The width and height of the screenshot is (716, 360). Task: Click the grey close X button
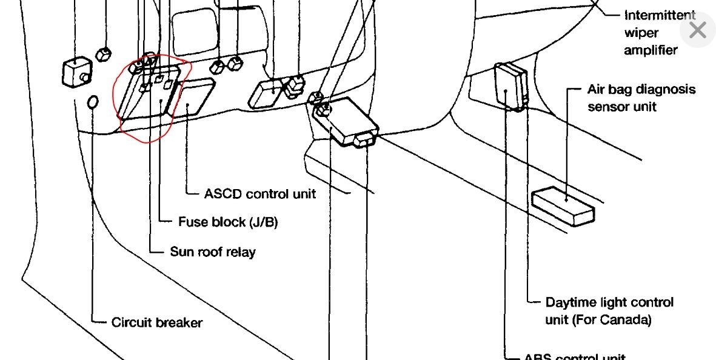(x=697, y=29)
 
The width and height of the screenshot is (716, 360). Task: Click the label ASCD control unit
(x=260, y=195)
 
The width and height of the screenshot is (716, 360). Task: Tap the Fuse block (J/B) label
(x=228, y=222)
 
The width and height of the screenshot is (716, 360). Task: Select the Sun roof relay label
(x=213, y=252)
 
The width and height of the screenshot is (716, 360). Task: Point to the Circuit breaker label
(x=157, y=322)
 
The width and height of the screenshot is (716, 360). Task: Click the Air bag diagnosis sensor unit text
(x=641, y=98)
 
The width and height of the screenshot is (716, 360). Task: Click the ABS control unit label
(x=575, y=356)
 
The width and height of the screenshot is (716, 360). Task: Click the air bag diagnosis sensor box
(x=563, y=206)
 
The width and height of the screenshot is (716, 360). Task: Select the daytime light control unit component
(x=510, y=87)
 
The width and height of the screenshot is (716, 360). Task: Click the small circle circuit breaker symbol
(x=93, y=103)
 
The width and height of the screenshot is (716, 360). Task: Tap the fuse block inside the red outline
(x=149, y=91)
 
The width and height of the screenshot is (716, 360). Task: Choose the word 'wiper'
(x=641, y=33)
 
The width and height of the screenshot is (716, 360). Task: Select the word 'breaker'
(x=179, y=322)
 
